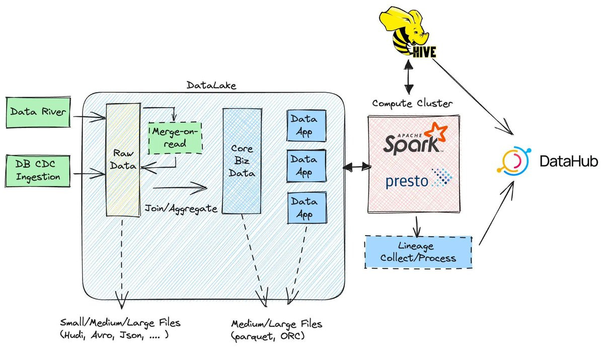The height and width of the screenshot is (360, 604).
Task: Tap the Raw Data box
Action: click(x=122, y=160)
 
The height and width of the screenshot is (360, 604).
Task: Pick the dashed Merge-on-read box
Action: click(x=174, y=137)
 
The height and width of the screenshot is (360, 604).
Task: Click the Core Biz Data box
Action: click(x=242, y=161)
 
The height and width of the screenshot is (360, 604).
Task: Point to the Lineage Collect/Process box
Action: click(x=418, y=252)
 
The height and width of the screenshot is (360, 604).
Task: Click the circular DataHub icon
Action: click(x=513, y=161)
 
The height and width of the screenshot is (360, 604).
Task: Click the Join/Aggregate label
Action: click(x=181, y=207)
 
